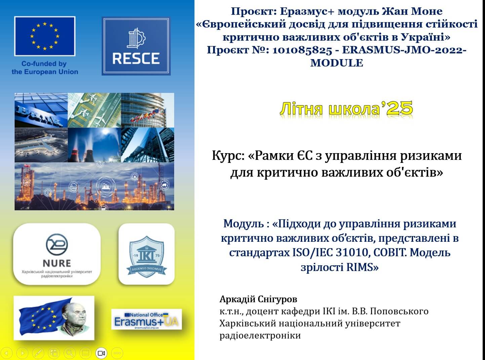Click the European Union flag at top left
click(45, 36)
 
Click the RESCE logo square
click(136, 46)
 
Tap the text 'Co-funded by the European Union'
click(45, 68)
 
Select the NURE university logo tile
click(57, 254)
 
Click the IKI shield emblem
click(147, 256)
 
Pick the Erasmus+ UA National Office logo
click(147, 319)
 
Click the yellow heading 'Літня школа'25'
click(347, 108)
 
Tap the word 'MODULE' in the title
click(337, 63)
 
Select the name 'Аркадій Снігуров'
click(258, 299)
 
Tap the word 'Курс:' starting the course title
click(228, 156)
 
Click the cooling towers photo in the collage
click(94, 145)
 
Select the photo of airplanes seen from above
click(94, 110)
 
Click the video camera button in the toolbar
click(101, 353)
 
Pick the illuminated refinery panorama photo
click(94, 186)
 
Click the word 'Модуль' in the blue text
click(243, 224)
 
